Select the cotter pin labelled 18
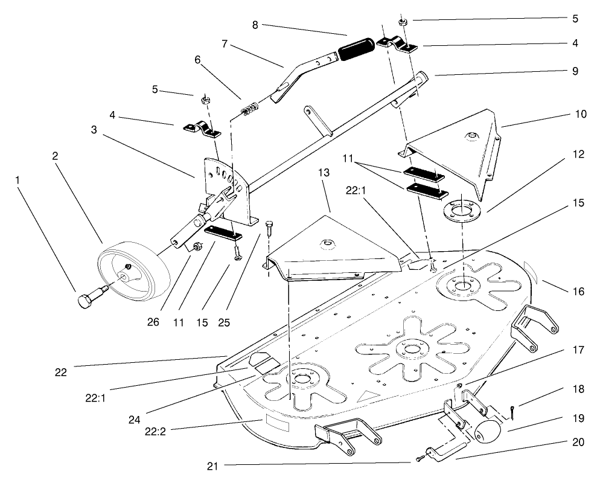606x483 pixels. coord(512,412)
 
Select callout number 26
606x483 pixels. coord(153,322)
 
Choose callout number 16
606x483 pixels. coord(578,291)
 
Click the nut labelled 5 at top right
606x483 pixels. coord(403,23)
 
